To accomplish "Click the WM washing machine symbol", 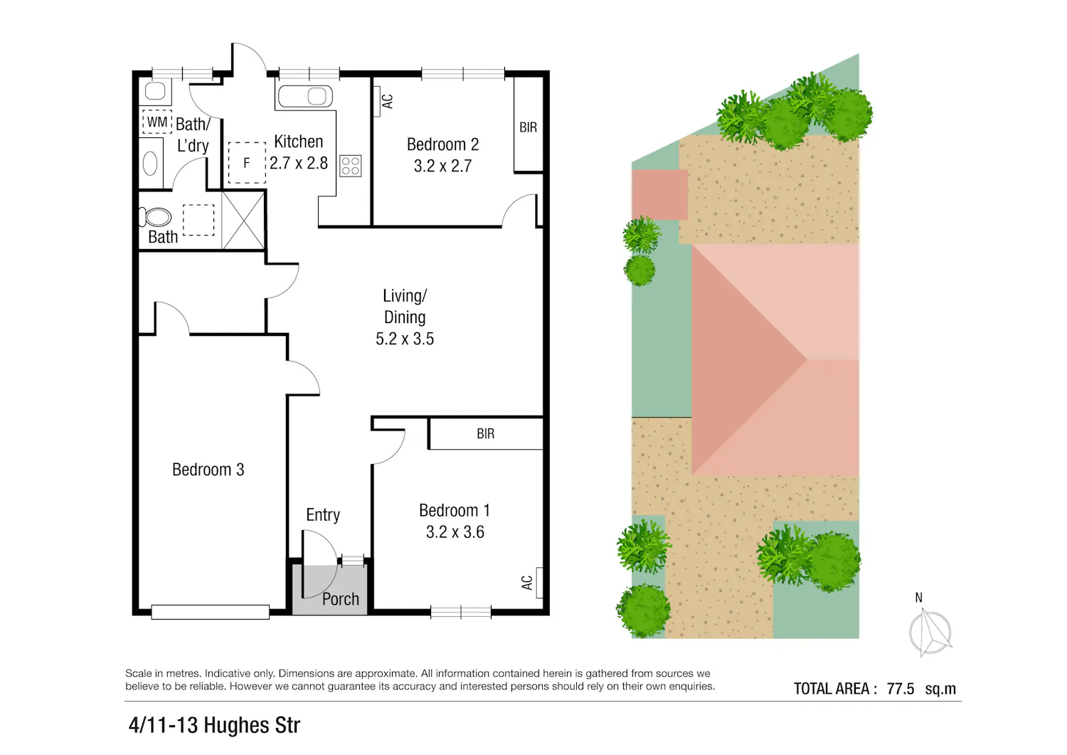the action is click(x=157, y=122).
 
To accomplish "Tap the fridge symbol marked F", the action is click(x=247, y=162).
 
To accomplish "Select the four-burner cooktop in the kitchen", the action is click(x=351, y=166).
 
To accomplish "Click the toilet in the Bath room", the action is click(x=155, y=217).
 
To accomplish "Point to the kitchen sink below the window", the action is click(x=305, y=96).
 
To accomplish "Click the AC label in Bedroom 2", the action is click(x=388, y=101).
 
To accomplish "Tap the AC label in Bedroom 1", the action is click(x=527, y=583).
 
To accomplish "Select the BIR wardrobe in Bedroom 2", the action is click(x=529, y=124).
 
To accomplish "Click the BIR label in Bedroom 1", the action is click(x=485, y=433).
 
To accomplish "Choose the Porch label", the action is click(x=340, y=599).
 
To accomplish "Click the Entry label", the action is click(x=323, y=514).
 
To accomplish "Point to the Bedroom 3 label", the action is click(x=208, y=470).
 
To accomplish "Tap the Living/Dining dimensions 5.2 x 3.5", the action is click(x=405, y=339).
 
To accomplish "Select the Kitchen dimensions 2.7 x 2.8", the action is click(x=299, y=163).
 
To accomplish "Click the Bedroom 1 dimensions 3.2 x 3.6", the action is click(x=455, y=532).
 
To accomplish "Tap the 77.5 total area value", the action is click(x=901, y=689).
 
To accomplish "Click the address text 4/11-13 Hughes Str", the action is click(x=214, y=725).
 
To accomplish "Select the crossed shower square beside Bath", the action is click(x=243, y=220).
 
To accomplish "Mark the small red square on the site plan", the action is click(x=659, y=194).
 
